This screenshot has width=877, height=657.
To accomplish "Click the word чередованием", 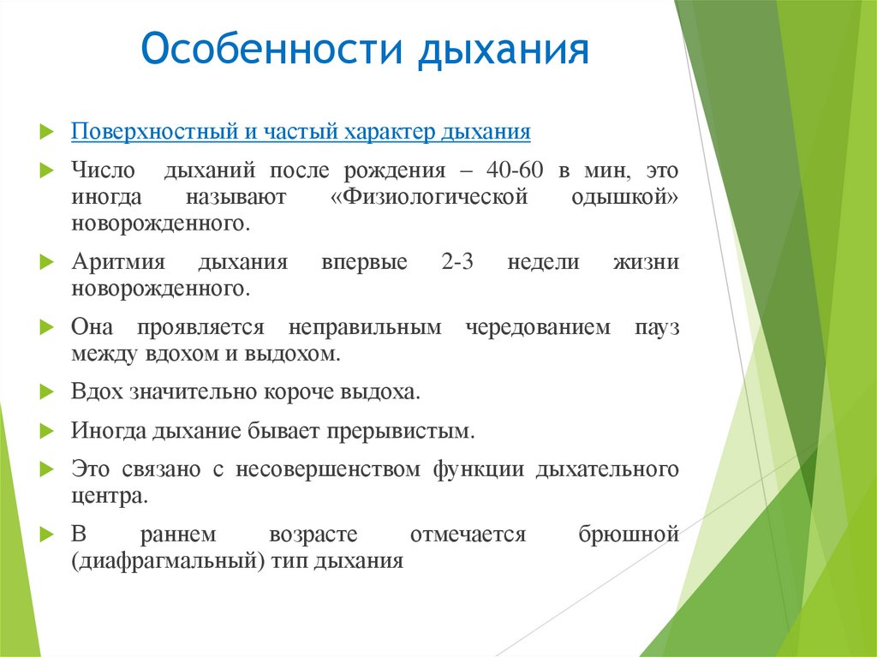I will tap(538, 327).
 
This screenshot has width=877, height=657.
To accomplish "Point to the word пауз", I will tap(657, 327).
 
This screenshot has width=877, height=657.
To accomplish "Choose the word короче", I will tap(296, 392).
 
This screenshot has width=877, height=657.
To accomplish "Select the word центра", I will tap(98, 495).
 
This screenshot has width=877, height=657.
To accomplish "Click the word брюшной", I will tap(629, 534).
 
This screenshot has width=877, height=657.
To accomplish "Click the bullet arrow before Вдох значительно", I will tap(46, 392).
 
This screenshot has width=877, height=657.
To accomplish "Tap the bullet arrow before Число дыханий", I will tap(46, 170).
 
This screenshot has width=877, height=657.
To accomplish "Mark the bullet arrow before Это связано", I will tap(46, 469).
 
